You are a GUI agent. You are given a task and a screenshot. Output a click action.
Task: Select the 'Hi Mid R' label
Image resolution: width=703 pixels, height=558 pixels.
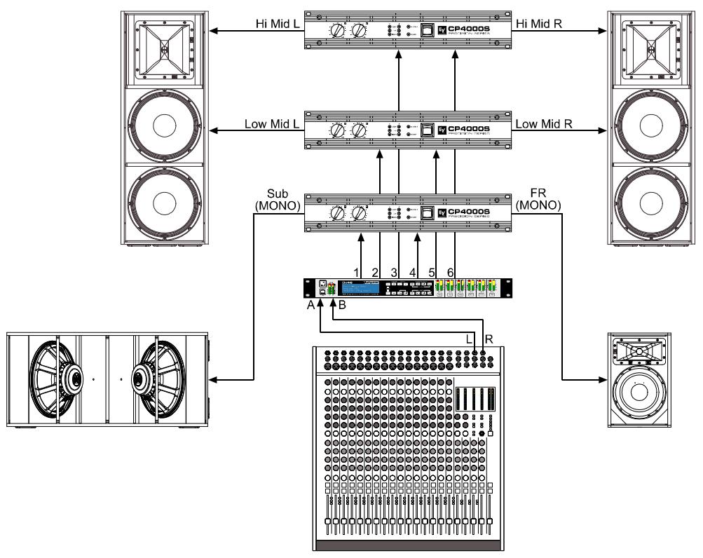538,24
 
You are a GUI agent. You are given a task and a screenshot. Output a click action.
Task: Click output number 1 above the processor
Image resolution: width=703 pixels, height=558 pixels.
356,272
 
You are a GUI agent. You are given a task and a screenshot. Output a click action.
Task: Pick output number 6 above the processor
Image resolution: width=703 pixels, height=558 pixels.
451,272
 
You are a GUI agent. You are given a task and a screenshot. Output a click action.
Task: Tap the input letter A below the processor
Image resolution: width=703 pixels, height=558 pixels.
310,306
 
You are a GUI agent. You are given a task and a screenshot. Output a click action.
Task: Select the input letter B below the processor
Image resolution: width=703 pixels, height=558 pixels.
343,306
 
